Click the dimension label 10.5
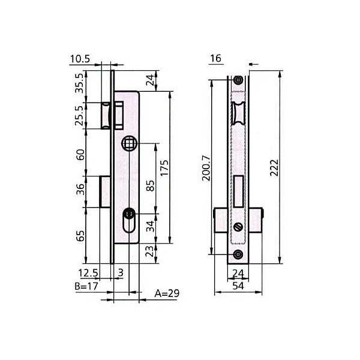[80, 59]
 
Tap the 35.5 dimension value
[80, 83]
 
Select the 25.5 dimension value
[80, 115]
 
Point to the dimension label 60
[80, 155]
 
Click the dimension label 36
[80, 189]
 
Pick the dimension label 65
[80, 236]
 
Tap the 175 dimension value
[164, 168]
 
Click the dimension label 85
[151, 186]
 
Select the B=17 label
[86, 286]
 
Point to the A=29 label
[167, 293]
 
